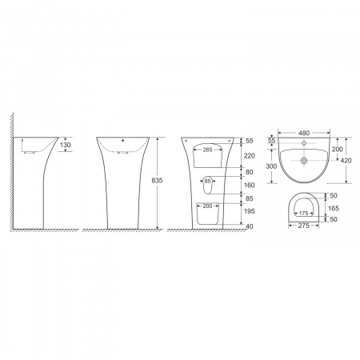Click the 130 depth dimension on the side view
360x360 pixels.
(66, 145)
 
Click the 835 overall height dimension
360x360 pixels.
(157, 181)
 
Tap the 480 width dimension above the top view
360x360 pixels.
(304, 133)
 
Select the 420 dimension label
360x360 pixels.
(346, 161)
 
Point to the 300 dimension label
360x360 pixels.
(271, 166)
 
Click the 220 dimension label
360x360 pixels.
(250, 156)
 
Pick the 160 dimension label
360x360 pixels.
(250, 186)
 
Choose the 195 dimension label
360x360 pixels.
(250, 211)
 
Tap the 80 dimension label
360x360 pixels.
(249, 172)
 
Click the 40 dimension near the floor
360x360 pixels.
(250, 226)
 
